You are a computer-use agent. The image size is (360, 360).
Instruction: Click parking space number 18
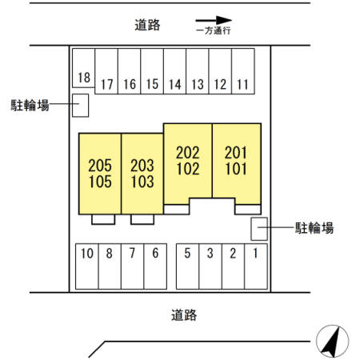83,68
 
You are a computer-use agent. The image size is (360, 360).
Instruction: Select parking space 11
243,71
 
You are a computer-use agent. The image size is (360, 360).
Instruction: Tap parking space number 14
174,71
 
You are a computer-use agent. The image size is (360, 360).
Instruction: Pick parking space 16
129,71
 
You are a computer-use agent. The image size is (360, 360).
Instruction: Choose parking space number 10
87,266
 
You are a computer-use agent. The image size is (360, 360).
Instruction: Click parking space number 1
256,266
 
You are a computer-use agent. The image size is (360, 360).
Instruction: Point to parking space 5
188,266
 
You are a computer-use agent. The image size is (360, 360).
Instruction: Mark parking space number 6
155,266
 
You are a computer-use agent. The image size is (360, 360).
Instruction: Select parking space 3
210,266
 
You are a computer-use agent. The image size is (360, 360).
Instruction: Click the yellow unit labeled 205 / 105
100,174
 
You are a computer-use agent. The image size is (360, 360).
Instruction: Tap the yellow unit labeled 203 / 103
142,174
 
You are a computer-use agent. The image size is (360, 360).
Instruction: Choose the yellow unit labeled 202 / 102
188,162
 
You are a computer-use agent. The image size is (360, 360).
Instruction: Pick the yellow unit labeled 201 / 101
237,162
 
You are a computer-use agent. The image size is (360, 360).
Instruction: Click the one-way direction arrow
214,20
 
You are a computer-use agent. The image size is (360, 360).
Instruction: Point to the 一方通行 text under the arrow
214,30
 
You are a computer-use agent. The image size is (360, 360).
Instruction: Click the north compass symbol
332,341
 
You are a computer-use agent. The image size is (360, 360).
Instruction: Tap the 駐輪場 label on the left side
30,105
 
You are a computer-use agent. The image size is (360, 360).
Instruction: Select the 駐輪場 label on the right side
314,228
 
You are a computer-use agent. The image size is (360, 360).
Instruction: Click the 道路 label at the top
147,25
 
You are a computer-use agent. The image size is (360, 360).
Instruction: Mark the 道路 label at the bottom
184,315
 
